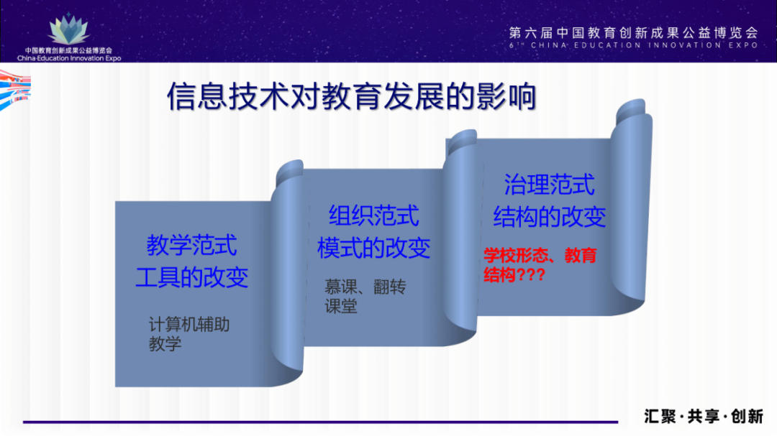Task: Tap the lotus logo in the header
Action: click(x=69, y=29)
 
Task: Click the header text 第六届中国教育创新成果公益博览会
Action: click(x=633, y=32)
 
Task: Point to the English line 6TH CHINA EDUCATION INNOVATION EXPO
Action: click(x=633, y=45)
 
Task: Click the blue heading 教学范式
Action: click(x=191, y=246)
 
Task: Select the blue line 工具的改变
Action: click(x=191, y=277)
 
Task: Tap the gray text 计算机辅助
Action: click(x=189, y=324)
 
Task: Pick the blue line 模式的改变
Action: click(x=373, y=247)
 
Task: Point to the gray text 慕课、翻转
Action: click(x=365, y=287)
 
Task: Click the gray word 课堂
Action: click(x=341, y=306)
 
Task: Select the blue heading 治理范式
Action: click(x=549, y=185)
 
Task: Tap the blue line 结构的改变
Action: click(x=549, y=216)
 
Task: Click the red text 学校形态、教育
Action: click(x=540, y=256)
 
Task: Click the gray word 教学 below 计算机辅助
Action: click(x=165, y=343)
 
